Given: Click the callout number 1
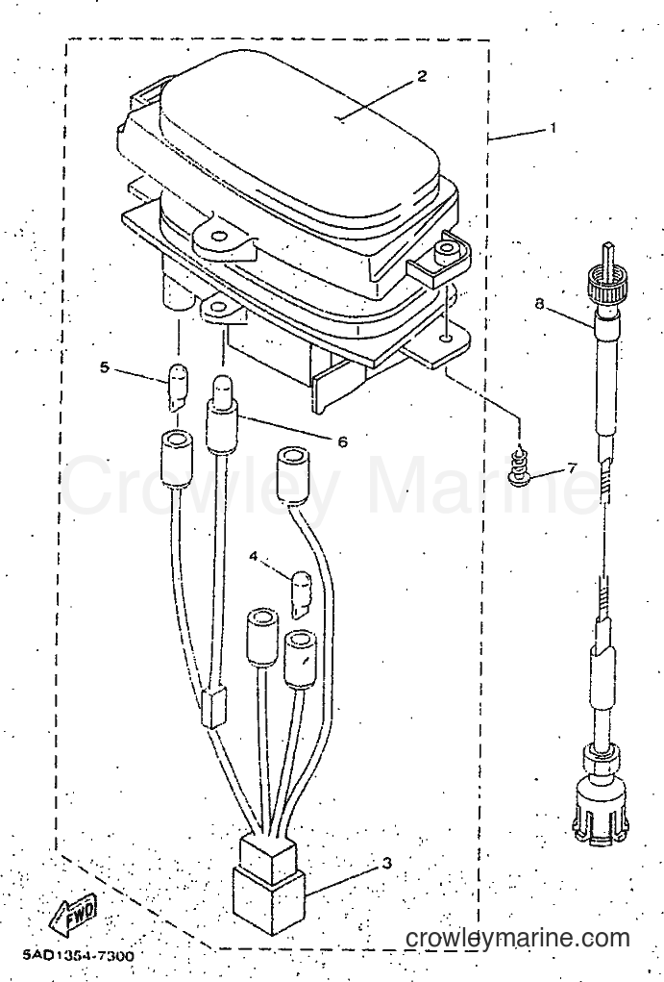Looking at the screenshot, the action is click(x=553, y=128).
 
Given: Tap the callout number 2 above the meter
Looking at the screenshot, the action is click(x=422, y=76).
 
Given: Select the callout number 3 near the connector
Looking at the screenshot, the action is click(x=387, y=863).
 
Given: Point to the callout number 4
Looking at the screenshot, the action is click(x=253, y=556).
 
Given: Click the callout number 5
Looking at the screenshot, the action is click(x=105, y=367).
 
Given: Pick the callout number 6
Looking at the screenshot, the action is click(x=342, y=441).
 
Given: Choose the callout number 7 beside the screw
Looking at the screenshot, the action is click(x=570, y=467).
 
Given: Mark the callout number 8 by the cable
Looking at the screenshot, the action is click(x=539, y=304).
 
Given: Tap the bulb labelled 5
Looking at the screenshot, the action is click(x=177, y=387).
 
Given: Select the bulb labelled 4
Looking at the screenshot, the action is click(x=301, y=593).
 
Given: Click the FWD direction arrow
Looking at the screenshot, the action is click(x=73, y=915).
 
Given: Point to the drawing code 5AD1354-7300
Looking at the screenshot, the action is click(x=78, y=956).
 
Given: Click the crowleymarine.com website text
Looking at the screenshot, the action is click(x=518, y=938).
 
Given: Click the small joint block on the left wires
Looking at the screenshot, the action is click(x=213, y=708).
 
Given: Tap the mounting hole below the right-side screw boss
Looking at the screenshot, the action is click(x=446, y=339).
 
